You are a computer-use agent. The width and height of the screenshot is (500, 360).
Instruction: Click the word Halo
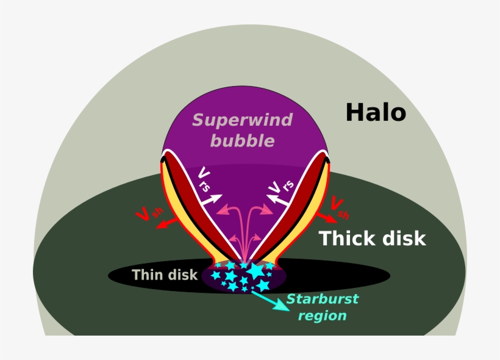(376, 112)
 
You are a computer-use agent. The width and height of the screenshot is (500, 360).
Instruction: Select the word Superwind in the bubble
(242, 120)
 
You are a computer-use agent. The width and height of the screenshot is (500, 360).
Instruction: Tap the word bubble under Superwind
(242, 141)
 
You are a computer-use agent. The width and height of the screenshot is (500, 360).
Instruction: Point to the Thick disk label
(372, 239)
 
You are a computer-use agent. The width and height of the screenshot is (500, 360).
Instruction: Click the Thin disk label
(165, 275)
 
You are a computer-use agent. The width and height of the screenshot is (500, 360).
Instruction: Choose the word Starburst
(323, 300)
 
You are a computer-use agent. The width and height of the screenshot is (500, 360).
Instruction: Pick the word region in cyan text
(325, 315)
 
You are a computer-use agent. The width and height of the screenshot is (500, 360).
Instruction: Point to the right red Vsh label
(340, 208)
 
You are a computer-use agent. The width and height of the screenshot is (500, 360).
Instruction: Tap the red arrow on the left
(165, 225)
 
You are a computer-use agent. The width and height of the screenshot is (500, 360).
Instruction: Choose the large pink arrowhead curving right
(268, 211)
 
